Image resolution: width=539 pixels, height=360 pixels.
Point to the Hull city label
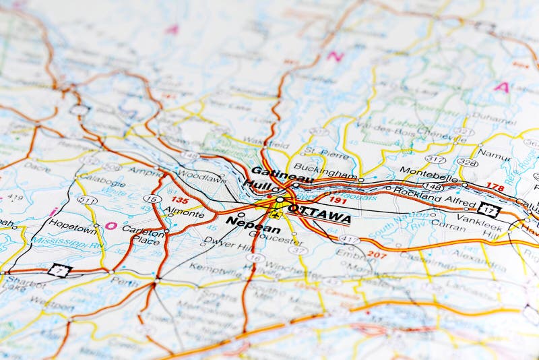256,185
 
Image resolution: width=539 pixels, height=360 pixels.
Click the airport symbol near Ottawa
275,215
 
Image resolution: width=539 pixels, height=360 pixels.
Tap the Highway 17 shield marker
488,209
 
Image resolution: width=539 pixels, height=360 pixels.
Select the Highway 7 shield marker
59,270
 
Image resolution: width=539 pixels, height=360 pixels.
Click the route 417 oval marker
349,239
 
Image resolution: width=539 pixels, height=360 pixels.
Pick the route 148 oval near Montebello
433,187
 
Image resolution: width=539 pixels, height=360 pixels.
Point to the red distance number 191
338,200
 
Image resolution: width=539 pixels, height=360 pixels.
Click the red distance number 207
377,255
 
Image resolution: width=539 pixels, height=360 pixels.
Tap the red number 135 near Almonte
179,200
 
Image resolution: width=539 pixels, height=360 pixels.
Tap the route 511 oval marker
86,200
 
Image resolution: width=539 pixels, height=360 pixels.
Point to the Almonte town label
184,214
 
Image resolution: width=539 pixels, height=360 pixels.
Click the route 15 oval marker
152,199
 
